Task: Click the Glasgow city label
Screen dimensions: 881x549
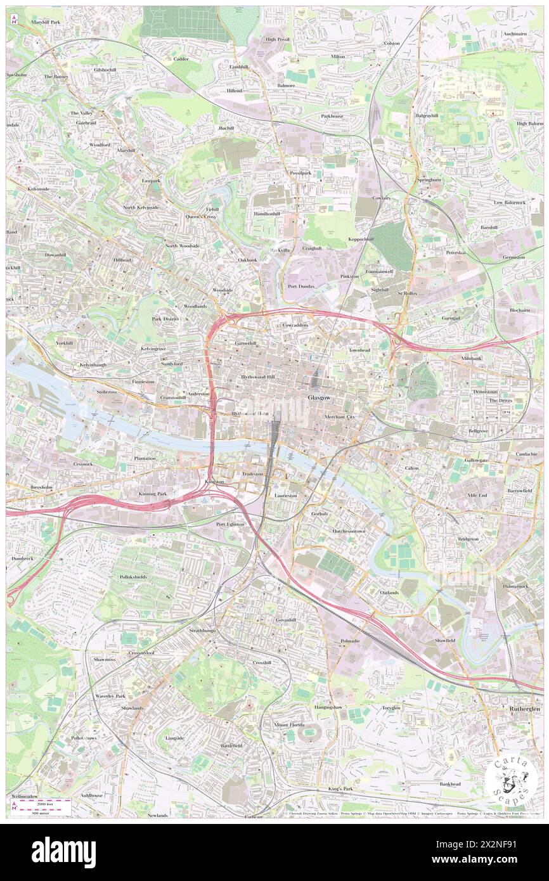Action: [x=318, y=397]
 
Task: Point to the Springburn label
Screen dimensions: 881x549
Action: [x=429, y=180]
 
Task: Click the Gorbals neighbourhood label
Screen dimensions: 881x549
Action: [x=320, y=513]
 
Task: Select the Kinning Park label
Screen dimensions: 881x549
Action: [x=152, y=493]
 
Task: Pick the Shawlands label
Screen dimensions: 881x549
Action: [x=132, y=708]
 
